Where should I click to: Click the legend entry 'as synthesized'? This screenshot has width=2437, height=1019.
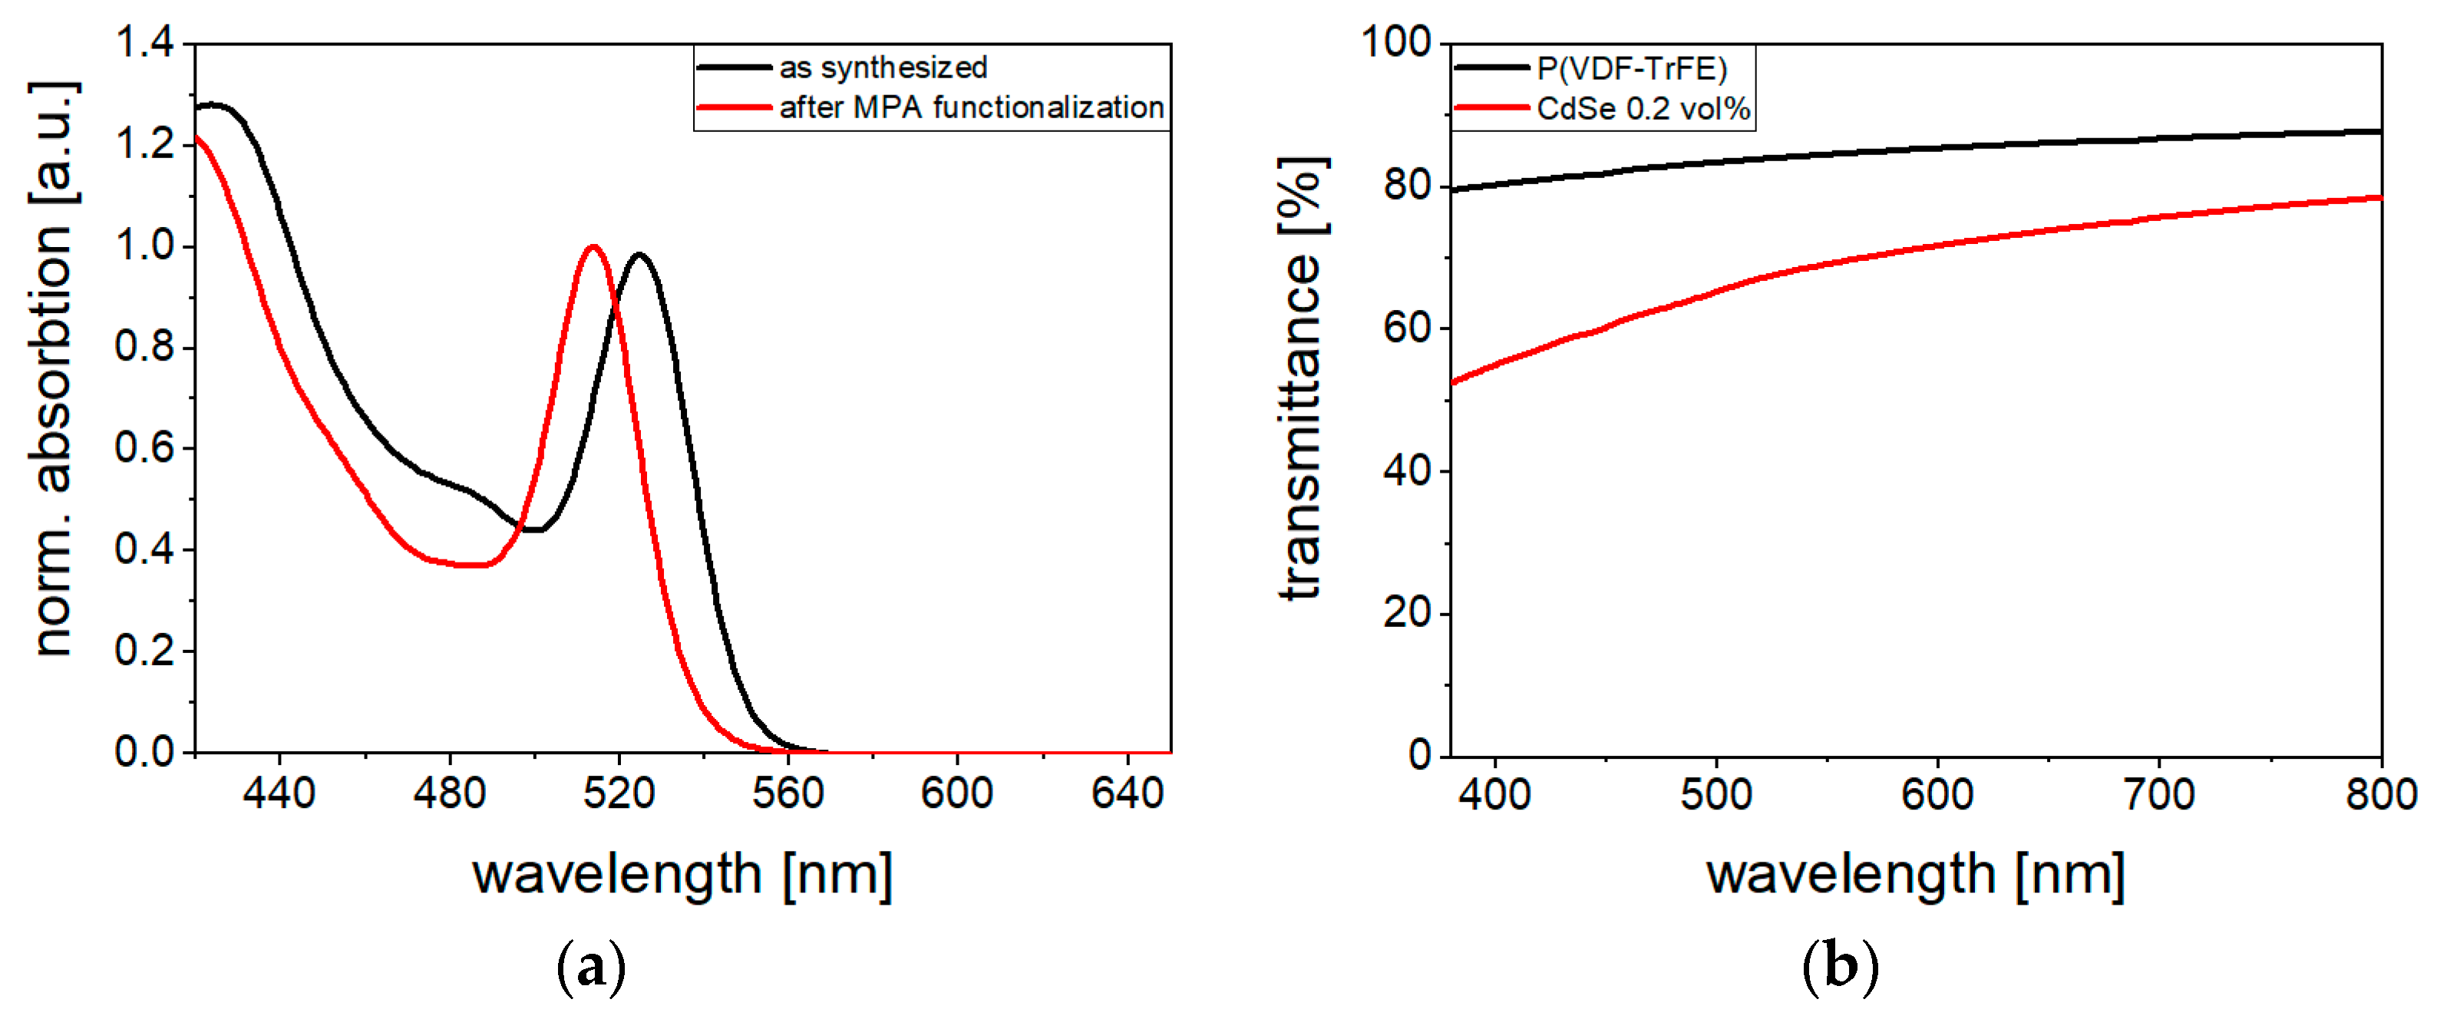pos(882,68)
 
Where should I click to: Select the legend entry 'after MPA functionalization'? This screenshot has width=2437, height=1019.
pos(971,108)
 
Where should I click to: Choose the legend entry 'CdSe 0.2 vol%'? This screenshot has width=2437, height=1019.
pos(1643,109)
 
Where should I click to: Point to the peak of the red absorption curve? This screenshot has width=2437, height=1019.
pos(593,247)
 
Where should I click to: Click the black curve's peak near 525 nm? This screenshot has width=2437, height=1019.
pos(640,255)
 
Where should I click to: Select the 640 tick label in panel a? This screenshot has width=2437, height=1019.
pos(1127,793)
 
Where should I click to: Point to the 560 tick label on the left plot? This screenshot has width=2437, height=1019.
pos(788,793)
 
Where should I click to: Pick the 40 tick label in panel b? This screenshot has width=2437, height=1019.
pos(1407,470)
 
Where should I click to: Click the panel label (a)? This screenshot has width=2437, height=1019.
pos(591,967)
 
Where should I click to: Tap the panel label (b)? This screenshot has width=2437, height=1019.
pos(1840,967)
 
